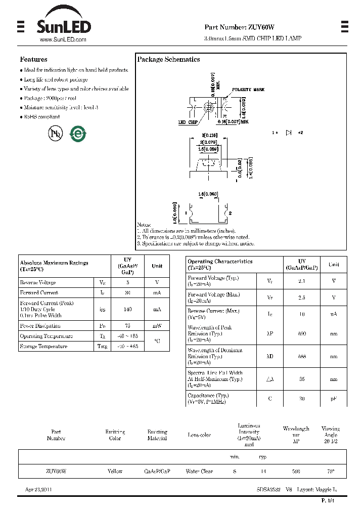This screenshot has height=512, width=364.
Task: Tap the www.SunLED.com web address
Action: [x=63, y=39]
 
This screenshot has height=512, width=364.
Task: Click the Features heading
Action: [x=34, y=59]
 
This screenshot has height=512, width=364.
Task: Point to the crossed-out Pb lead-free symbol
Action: [x=54, y=134]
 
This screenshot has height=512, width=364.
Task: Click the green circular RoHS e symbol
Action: [x=77, y=134]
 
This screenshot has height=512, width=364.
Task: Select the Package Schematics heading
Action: [x=168, y=59]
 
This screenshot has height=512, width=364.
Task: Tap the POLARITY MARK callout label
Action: [x=248, y=90]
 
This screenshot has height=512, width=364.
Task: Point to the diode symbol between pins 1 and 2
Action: [x=289, y=133]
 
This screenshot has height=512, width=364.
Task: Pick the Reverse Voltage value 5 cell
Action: [x=127, y=283]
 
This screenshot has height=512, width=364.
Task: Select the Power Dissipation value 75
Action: [x=127, y=326]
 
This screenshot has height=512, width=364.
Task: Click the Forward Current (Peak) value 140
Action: [x=127, y=309]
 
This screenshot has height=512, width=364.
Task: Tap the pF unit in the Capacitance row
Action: [x=334, y=399]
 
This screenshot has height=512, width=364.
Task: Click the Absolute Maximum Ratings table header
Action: [x=54, y=266]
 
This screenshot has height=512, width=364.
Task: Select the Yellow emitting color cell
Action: [x=115, y=471]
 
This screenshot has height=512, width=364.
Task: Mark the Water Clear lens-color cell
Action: [x=199, y=471]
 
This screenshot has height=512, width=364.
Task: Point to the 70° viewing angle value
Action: [x=331, y=471]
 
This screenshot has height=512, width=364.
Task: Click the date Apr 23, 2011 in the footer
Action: [x=38, y=490]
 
